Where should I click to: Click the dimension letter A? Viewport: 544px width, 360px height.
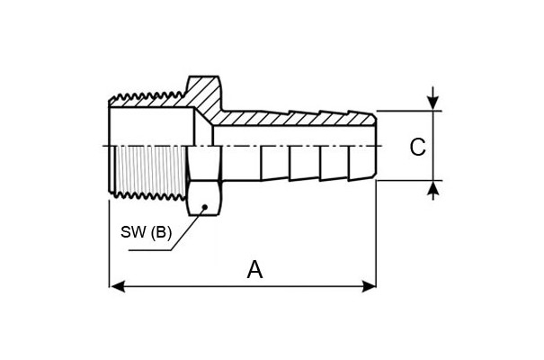[x=254, y=270]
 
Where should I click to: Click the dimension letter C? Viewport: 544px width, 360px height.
[x=417, y=147]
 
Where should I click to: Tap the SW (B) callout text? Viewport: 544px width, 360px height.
[x=146, y=232]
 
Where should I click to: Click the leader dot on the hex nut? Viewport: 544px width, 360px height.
[x=205, y=207]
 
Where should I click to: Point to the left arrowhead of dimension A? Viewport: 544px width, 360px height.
[x=117, y=287]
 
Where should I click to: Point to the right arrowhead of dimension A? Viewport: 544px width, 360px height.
[x=369, y=287]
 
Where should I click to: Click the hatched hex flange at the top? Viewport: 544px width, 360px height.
[x=204, y=94]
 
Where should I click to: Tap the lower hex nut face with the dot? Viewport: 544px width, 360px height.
[x=204, y=198]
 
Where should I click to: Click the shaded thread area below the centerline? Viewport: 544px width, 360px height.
[x=150, y=169]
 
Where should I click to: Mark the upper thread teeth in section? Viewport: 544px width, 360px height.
[x=147, y=96]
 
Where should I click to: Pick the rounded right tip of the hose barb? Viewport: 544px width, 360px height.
[x=374, y=146]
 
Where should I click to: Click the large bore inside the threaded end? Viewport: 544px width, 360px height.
[x=151, y=126]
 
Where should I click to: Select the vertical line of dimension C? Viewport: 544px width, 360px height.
[x=433, y=146]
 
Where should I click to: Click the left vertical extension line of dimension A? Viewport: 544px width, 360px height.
[x=110, y=244]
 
